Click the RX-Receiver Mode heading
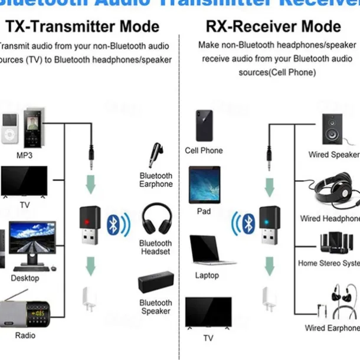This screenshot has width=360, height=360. (x=273, y=27)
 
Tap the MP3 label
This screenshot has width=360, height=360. (x=24, y=156)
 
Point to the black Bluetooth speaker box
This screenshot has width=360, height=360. (x=156, y=282)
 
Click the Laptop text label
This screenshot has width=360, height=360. (x=207, y=276)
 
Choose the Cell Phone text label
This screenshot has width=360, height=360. (x=204, y=150)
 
